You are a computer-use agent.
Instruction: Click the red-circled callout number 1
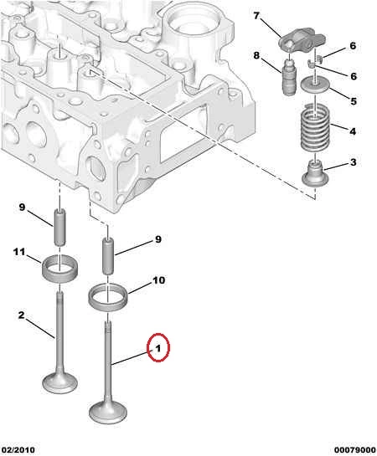tap(158, 348)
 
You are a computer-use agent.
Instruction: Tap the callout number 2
tap(21, 315)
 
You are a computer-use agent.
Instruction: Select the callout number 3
tap(354, 162)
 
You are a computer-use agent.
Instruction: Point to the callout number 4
tap(353, 131)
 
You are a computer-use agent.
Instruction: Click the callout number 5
tap(354, 101)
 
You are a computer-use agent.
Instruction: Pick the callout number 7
tap(256, 16)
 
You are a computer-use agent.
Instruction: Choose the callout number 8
tap(256, 55)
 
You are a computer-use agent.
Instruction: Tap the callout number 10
tap(159, 280)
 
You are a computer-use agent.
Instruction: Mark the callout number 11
tap(19, 252)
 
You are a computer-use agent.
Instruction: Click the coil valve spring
tap(315, 127)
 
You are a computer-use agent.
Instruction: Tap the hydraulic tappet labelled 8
tap(289, 77)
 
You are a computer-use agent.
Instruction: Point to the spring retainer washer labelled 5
tap(315, 85)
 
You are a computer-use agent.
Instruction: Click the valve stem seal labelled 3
tap(315, 173)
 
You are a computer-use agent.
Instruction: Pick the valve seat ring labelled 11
tap(60, 268)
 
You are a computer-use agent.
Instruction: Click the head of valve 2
tap(60, 383)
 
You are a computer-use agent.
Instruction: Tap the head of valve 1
tap(108, 412)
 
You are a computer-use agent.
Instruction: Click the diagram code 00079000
tap(354, 450)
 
